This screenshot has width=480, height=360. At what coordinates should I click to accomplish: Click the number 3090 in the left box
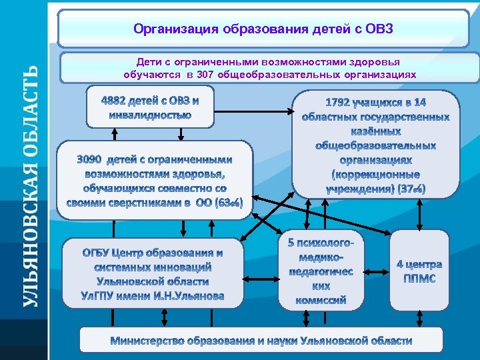91,159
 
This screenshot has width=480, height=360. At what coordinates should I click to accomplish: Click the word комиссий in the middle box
321,300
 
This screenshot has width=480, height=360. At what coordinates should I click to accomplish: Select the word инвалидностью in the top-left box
150,115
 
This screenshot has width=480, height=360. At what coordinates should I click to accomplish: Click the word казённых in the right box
376,131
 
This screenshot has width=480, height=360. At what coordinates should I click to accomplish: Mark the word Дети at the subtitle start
149,61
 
